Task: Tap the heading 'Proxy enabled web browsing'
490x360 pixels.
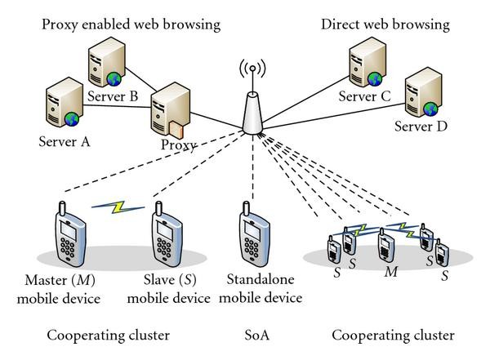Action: tap(131, 24)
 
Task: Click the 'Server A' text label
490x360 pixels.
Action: tap(64, 140)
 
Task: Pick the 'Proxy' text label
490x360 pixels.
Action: tap(179, 147)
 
